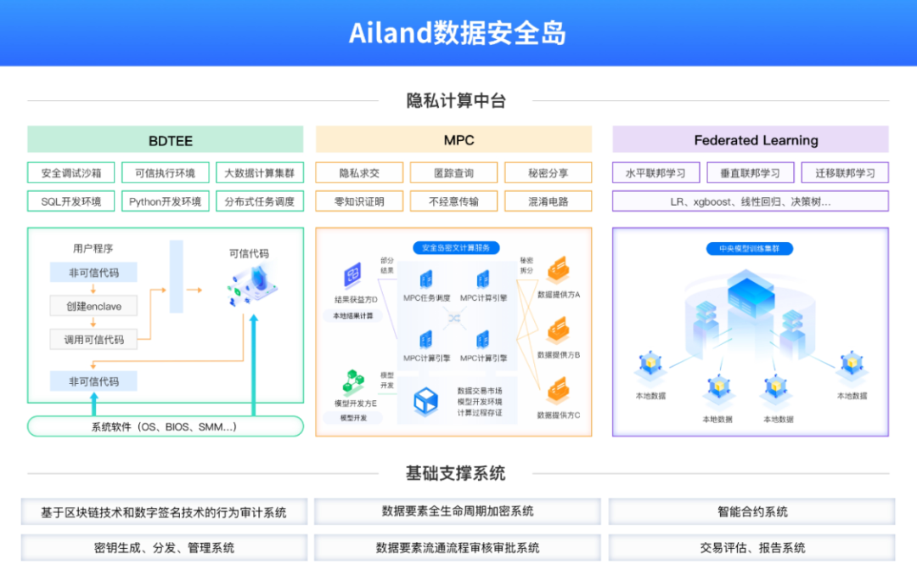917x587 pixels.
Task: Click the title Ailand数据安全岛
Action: (x=458, y=33)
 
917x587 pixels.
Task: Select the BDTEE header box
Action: (x=165, y=140)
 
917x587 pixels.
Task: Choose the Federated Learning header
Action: (x=751, y=140)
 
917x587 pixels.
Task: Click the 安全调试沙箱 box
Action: (x=70, y=173)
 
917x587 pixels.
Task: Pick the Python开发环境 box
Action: (x=165, y=201)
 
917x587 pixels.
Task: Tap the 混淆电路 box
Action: (x=549, y=201)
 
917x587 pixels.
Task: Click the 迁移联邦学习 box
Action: (x=845, y=173)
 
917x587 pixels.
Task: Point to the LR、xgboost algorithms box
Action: (x=751, y=201)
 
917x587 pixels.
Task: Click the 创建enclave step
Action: (x=93, y=306)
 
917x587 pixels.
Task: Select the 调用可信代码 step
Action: (x=93, y=340)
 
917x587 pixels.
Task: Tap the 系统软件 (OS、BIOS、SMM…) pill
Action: (x=165, y=426)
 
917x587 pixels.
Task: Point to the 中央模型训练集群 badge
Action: (x=750, y=249)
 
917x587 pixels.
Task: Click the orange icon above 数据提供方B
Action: (x=558, y=330)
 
